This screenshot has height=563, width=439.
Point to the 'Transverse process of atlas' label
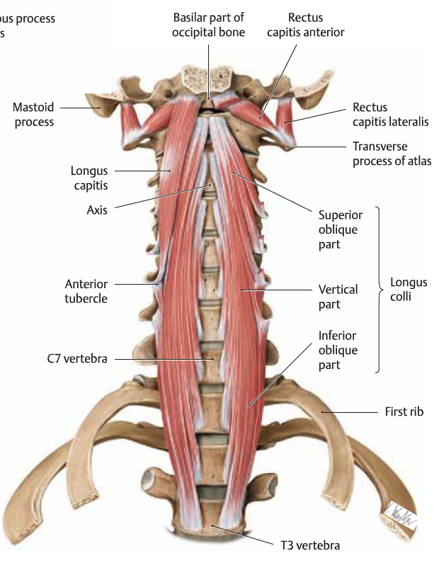[x=392, y=154]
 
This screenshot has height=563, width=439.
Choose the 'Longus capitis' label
[x=89, y=178]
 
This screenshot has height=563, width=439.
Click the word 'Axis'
[x=96, y=210]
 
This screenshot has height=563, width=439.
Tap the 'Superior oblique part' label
[x=340, y=229]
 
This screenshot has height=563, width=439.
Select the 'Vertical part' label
[x=338, y=297]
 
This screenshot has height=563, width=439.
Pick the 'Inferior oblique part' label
[x=338, y=351]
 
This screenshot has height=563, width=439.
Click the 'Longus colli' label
[x=409, y=290]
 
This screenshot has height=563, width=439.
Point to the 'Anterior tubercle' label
[x=86, y=291]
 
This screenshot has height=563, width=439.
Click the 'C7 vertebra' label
[x=73, y=359]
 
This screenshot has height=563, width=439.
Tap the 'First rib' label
[x=404, y=411]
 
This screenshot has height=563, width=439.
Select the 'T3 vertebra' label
[x=307, y=545]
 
